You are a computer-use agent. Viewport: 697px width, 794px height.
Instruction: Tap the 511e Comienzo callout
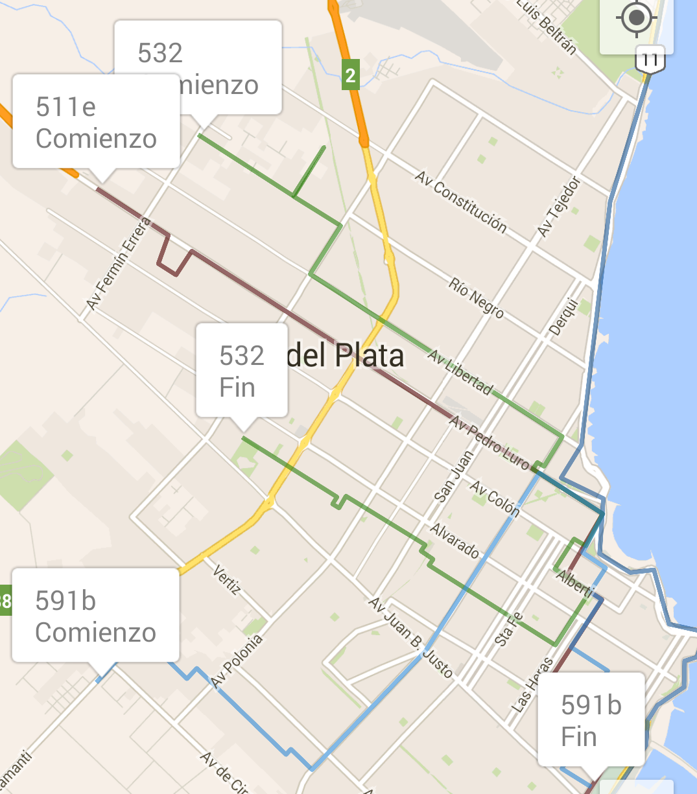point(96,122)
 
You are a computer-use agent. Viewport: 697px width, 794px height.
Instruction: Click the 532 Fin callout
point(242,371)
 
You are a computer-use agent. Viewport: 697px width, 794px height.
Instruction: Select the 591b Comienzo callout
point(95,616)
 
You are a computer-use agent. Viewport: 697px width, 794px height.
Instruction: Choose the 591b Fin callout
point(591,719)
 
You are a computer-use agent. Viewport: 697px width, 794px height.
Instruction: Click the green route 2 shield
point(350,76)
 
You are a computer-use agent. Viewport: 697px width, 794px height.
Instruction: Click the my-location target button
point(636,18)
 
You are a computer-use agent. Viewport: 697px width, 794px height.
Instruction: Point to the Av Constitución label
point(461,201)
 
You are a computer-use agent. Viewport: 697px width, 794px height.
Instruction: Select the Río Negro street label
point(476,297)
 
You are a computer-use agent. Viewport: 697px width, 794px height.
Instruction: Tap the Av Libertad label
point(460,372)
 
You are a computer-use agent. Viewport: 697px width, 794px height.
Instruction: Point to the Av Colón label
point(495,498)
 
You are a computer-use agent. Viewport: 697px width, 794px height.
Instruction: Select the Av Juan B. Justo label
point(411,636)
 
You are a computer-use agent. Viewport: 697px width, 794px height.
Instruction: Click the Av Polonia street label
point(237,660)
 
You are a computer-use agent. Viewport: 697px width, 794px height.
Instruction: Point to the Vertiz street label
point(227,579)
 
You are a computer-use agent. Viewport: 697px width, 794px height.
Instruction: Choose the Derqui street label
point(563,316)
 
